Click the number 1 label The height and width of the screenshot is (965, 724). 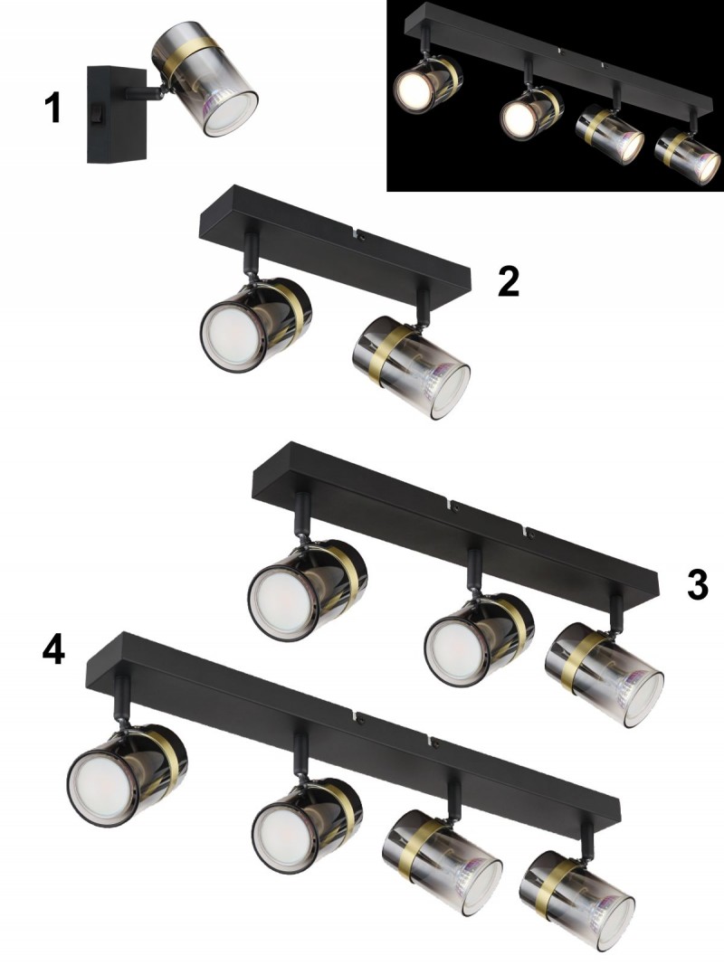coord(54,108)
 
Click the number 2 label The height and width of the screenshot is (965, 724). coord(509,281)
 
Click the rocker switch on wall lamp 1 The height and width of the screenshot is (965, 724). coord(95,113)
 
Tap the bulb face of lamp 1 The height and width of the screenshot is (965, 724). coord(230,114)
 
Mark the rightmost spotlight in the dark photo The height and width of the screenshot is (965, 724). coord(687,153)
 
